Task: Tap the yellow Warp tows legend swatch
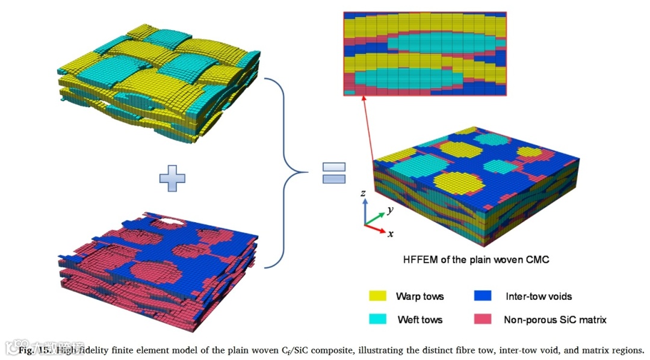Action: [378, 296]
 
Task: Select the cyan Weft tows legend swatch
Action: [378, 319]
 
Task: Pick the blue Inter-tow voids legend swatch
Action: [482, 296]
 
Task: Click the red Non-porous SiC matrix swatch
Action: [482, 319]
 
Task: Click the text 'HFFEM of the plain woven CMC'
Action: [476, 261]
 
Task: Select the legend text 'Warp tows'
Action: [419, 296]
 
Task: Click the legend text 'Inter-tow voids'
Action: [539, 296]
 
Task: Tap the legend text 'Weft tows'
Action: [419, 320]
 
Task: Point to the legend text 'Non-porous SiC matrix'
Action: [555, 320]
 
